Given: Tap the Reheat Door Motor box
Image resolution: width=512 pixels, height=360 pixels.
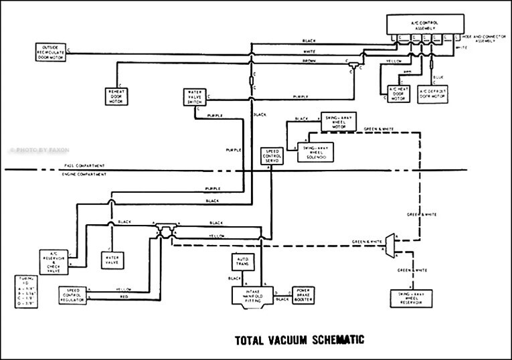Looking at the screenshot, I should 117,95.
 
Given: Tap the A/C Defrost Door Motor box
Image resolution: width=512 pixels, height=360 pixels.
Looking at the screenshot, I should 433,94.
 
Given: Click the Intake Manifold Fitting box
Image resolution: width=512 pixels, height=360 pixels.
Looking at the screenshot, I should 249,294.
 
